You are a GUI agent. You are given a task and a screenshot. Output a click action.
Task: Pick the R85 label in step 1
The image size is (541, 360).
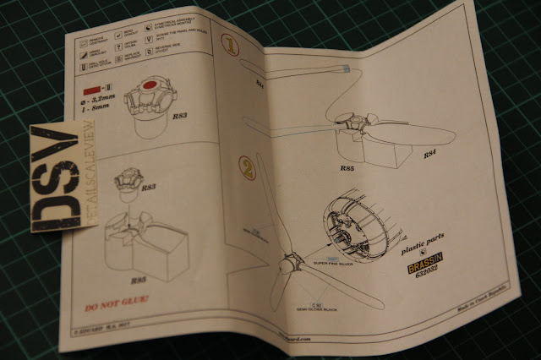click(x=345, y=167)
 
